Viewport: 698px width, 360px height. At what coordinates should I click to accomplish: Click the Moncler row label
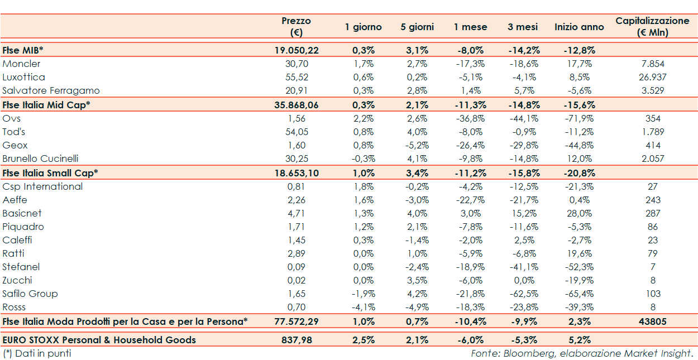[x=21, y=64]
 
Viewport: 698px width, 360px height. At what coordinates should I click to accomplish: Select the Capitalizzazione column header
[x=652, y=26]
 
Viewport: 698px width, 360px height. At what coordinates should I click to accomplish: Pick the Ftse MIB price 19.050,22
[x=297, y=50]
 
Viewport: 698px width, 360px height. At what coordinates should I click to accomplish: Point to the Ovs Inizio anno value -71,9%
[x=579, y=118]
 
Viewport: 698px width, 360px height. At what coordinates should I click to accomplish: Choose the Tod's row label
[x=14, y=132]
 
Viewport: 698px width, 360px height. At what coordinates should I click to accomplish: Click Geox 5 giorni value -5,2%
[x=417, y=145]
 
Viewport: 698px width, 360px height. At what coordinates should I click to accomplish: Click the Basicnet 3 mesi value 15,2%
[x=523, y=213]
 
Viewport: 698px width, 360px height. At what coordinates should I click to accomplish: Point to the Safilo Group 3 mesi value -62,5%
[x=523, y=294]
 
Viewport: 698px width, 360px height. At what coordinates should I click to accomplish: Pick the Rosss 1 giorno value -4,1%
[x=363, y=307]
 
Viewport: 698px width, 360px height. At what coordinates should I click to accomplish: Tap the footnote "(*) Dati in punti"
[x=37, y=353]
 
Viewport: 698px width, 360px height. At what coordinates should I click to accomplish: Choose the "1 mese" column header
[x=470, y=27]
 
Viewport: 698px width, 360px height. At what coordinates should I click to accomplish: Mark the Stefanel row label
[x=21, y=267]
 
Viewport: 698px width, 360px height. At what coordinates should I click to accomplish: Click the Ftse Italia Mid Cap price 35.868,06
[x=297, y=105]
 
